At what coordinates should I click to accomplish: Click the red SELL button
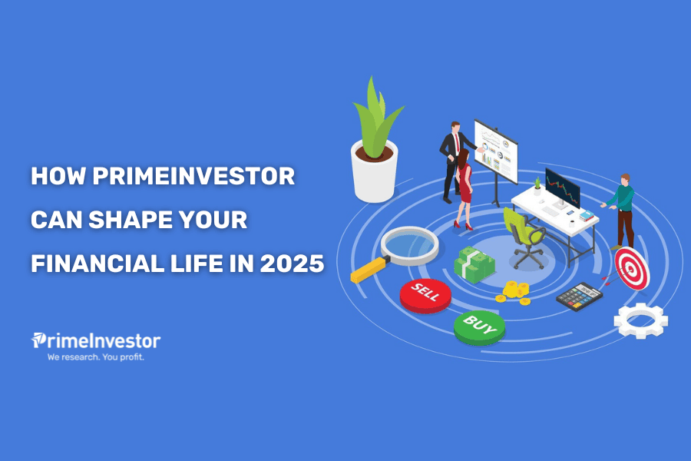425,296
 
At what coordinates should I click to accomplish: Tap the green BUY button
479,327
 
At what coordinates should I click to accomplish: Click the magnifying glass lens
409,245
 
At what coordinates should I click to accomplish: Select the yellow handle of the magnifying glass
369,270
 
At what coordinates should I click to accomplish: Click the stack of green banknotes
474,264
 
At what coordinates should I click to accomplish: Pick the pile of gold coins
514,293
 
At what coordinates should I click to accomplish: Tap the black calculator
579,297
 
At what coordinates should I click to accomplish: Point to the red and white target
632,268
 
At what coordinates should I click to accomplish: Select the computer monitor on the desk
562,187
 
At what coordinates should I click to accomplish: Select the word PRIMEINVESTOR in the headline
193,176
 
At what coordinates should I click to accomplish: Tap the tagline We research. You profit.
96,357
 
